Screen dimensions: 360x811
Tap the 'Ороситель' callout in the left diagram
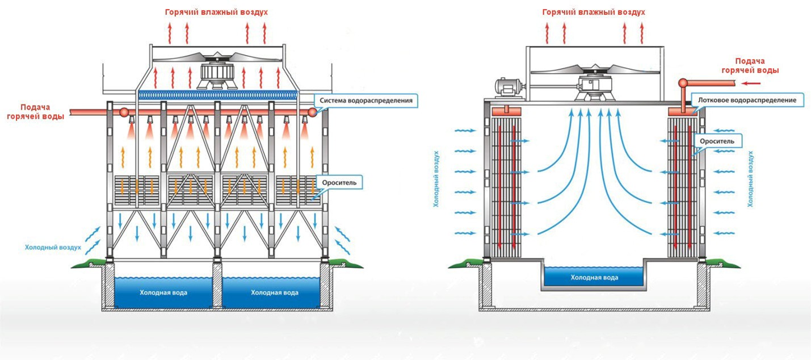(339, 182)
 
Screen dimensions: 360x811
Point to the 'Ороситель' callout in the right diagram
(717, 140)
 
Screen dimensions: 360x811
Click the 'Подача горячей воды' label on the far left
(35, 111)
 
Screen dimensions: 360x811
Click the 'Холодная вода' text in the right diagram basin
(594, 278)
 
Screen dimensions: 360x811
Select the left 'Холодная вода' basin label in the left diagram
(163, 293)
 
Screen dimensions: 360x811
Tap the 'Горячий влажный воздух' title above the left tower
(216, 11)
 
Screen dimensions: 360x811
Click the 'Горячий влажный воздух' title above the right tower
(594, 11)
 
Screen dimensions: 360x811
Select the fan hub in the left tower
(216, 74)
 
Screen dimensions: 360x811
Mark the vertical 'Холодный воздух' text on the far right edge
(750, 178)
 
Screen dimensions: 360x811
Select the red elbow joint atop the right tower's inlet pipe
(684, 83)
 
